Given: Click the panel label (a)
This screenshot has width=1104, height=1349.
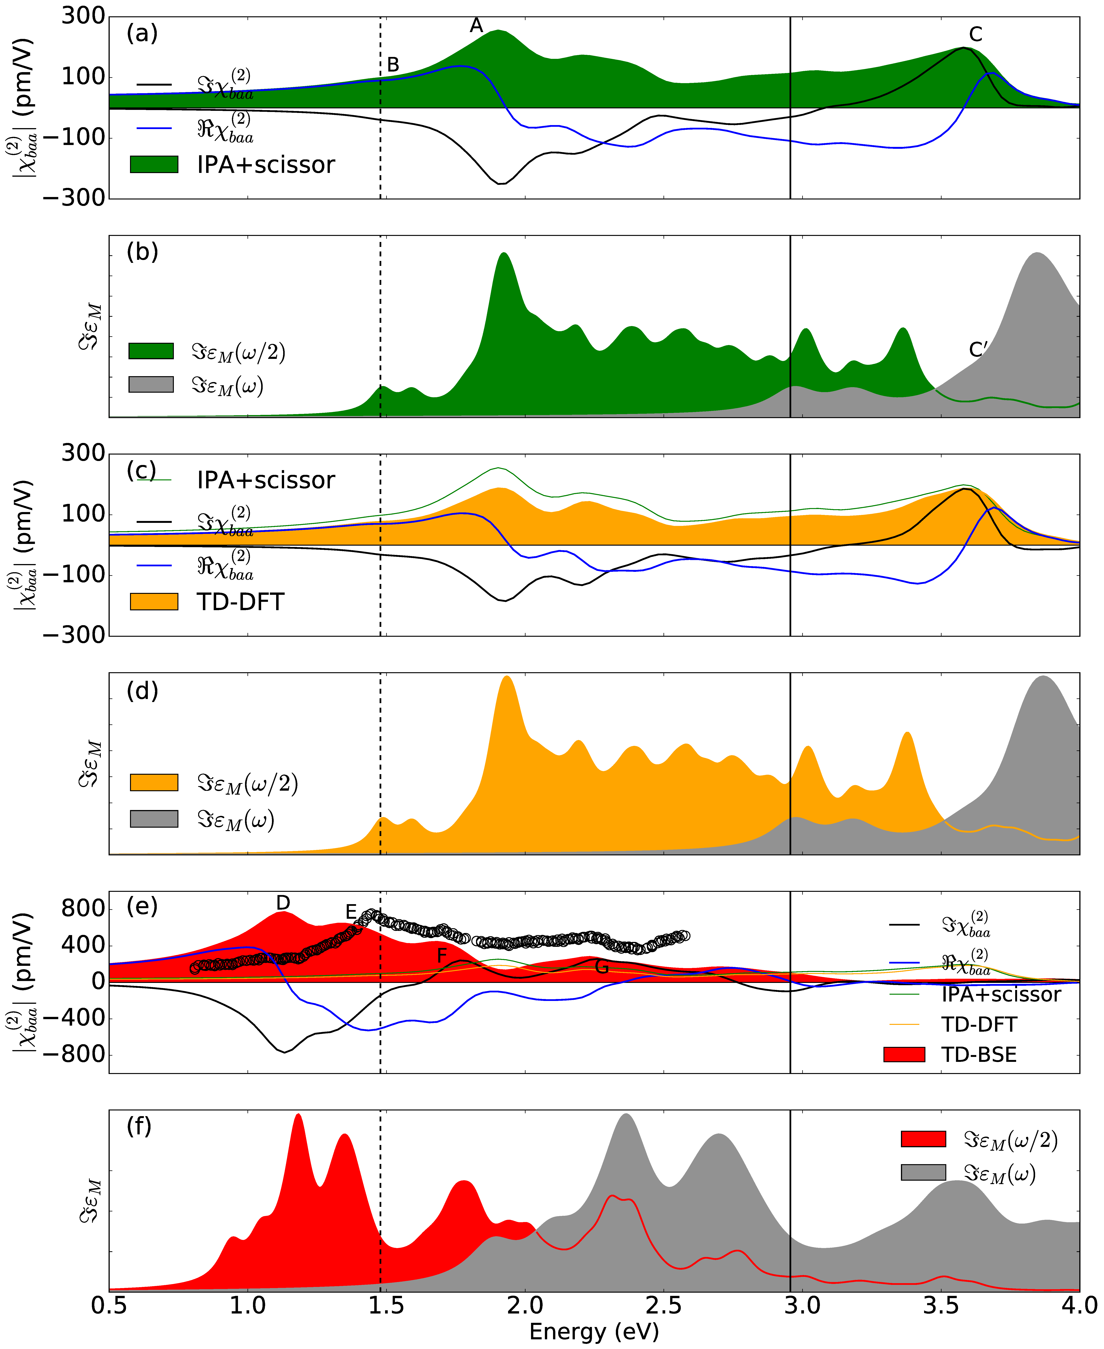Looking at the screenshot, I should [x=142, y=33].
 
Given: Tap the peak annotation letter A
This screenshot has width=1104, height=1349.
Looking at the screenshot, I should [x=476, y=25].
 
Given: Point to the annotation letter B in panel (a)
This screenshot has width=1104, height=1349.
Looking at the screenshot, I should [x=393, y=64].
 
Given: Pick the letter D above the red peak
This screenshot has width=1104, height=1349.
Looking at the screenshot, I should [x=283, y=902].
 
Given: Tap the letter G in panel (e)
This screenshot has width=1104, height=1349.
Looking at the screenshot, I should [x=602, y=967].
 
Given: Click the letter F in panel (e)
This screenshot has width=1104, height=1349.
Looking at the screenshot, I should [x=442, y=955].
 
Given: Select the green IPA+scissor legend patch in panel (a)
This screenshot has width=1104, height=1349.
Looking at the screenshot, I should [x=154, y=164].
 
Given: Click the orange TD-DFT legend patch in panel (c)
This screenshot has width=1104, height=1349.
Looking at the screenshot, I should [x=154, y=601].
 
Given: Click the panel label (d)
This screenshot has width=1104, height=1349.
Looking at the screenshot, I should [x=142, y=691].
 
